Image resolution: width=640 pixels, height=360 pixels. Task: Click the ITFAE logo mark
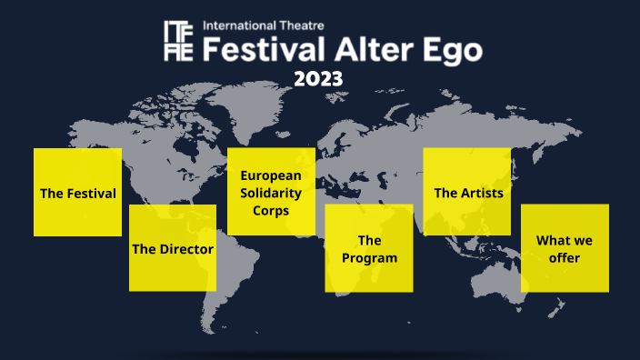[x=178, y=40]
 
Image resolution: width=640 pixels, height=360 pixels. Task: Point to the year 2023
[x=318, y=79]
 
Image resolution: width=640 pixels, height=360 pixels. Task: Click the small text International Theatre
[x=264, y=25]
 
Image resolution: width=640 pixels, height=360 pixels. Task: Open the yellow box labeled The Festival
[x=77, y=193]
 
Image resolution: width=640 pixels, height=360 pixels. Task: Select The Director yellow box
[x=173, y=248]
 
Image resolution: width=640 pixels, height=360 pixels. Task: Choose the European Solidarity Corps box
[x=271, y=191]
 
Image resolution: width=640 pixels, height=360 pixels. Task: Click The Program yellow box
[x=369, y=248]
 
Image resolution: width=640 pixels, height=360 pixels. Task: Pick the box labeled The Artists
[x=468, y=192]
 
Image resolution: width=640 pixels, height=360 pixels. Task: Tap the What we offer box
[x=565, y=248]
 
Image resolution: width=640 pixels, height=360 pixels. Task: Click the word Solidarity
[x=271, y=192]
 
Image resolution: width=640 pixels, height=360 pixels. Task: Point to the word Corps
[x=271, y=210]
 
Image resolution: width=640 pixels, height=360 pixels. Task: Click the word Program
[x=369, y=258]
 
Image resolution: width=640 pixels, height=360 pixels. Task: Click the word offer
[x=565, y=258]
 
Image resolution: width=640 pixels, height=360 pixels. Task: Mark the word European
[x=271, y=175]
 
